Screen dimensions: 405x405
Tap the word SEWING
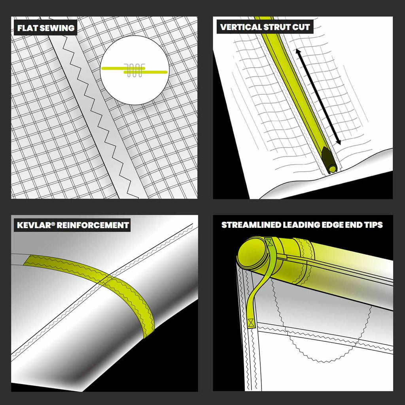[x=55, y=28]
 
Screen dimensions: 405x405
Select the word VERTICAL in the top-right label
[x=241, y=27]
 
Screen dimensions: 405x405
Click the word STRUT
[x=277, y=27]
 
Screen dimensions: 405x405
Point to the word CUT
[x=301, y=27]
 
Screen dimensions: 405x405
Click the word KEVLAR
[x=34, y=225]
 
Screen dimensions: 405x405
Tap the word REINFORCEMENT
[x=93, y=225]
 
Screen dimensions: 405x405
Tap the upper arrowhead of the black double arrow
[x=298, y=51]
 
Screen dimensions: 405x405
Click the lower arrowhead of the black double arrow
[x=338, y=142]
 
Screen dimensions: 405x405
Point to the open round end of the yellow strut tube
[x=332, y=169]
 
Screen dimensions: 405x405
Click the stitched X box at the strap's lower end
[x=251, y=322]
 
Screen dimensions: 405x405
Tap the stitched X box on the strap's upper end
[x=270, y=243]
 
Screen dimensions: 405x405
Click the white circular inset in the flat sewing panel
[x=134, y=70]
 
